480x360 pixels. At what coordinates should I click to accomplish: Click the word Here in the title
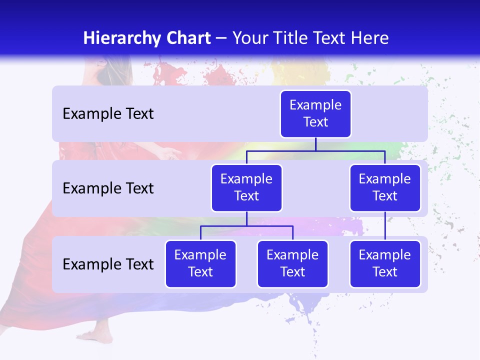[369, 38]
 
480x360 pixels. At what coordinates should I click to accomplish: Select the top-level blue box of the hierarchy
[315, 113]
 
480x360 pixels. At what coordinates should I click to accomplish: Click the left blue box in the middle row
[246, 187]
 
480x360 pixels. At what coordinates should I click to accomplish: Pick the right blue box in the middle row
[385, 187]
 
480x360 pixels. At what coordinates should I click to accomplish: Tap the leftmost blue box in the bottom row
[200, 263]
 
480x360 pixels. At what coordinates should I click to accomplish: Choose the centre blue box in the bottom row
[292, 263]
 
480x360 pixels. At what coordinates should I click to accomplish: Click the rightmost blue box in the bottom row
[385, 263]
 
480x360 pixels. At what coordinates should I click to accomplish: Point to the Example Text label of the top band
[108, 114]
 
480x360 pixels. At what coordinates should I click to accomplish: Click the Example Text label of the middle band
[108, 188]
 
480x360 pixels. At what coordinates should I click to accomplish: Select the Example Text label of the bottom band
[108, 264]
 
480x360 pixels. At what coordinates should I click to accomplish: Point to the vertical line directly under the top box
[315, 144]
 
